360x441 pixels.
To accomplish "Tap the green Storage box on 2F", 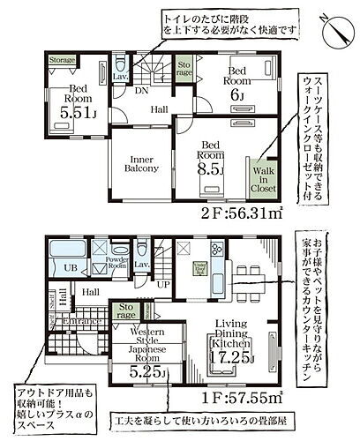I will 184,69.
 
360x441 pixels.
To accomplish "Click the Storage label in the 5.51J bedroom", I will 62,61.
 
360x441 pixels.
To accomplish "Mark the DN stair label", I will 140,91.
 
